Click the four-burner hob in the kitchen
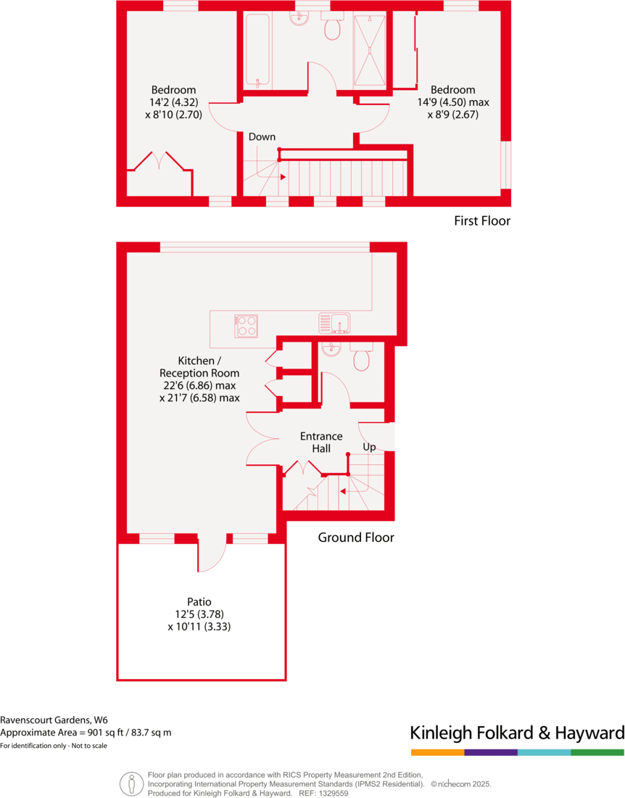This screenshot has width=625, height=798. pyautogui.click(x=246, y=326)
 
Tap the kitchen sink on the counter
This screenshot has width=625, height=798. pyautogui.click(x=334, y=322)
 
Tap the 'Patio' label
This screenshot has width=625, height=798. pyautogui.click(x=199, y=601)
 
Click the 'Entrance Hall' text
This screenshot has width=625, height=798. pyautogui.click(x=321, y=443)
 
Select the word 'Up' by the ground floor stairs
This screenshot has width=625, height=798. pyautogui.click(x=369, y=447)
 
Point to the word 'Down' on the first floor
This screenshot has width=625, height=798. pyautogui.click(x=262, y=136)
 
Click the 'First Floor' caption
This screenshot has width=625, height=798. pyautogui.click(x=482, y=221)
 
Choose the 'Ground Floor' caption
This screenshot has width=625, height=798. pyautogui.click(x=356, y=538)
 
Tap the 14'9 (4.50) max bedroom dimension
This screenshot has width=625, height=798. pyautogui.click(x=453, y=102)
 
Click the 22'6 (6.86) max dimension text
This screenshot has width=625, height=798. pyautogui.click(x=199, y=385)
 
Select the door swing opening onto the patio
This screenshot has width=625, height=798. pyautogui.click(x=212, y=555)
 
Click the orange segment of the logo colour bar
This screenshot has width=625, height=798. pyautogui.click(x=437, y=752)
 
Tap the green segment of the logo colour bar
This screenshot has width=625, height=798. pyautogui.click(x=597, y=752)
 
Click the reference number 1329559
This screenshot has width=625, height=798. pyautogui.click(x=332, y=794)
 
